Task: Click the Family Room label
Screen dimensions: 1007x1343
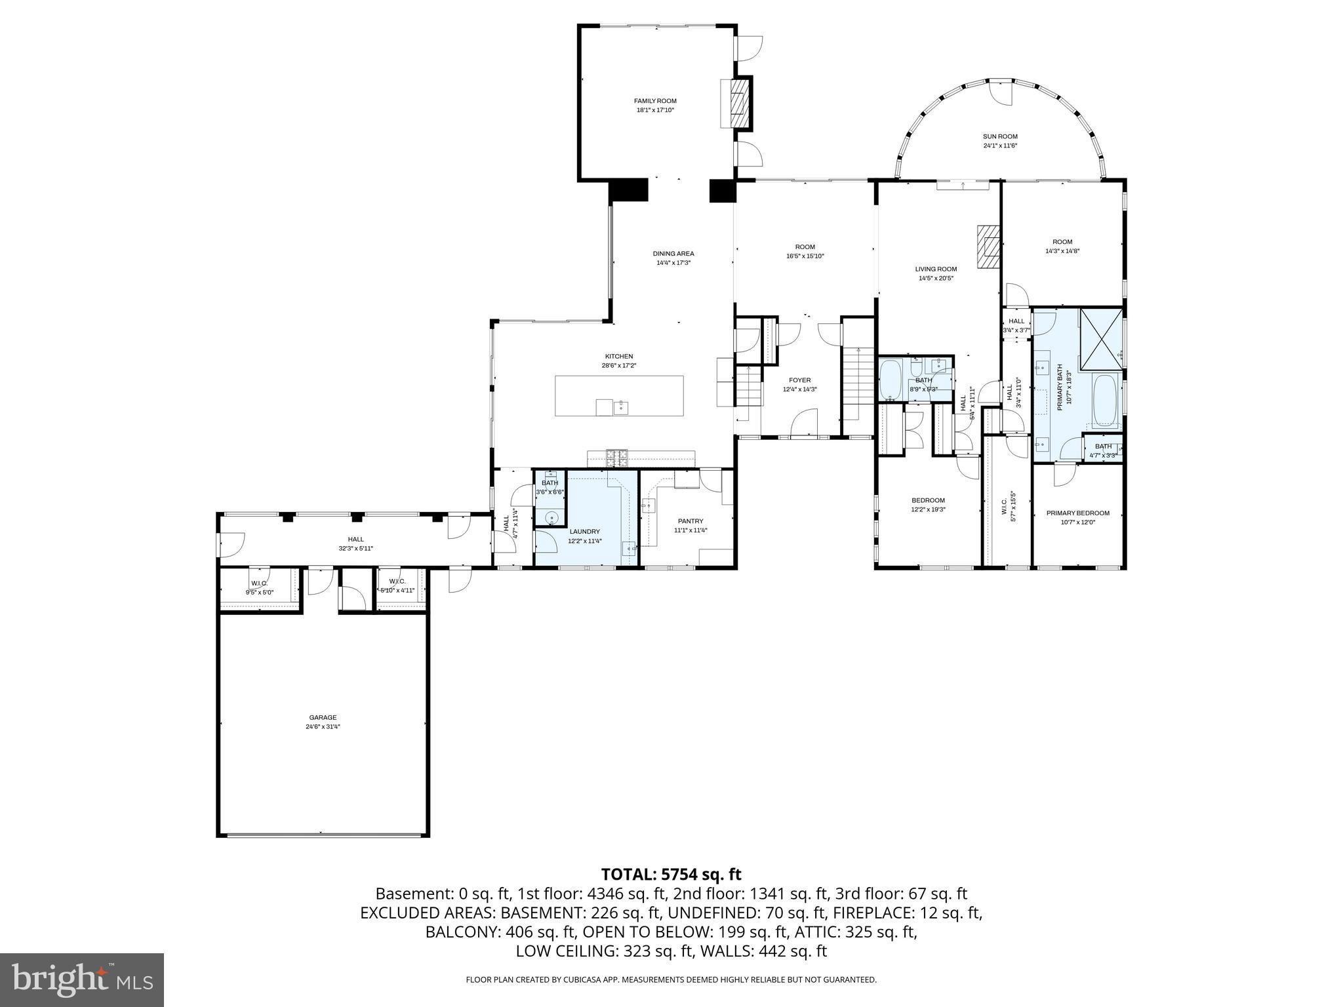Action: [x=654, y=101]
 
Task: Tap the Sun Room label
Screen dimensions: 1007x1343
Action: [x=999, y=136]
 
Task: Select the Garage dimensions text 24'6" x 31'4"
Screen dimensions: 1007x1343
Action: [x=323, y=726]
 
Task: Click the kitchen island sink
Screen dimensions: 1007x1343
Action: [x=620, y=408]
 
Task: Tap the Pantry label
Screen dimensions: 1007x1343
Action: [x=690, y=521]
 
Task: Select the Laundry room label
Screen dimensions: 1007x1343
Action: [x=584, y=532]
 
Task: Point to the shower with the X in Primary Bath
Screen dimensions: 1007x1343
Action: [x=1101, y=340]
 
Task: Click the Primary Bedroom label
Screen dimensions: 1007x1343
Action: [x=1077, y=513]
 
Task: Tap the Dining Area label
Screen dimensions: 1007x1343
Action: [x=673, y=254]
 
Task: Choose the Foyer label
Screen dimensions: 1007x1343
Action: [x=799, y=380]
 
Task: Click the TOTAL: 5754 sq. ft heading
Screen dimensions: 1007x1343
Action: [x=671, y=874]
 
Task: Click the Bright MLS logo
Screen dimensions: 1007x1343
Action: [x=82, y=980]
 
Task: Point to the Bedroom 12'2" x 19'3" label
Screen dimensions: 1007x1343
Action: [x=927, y=500]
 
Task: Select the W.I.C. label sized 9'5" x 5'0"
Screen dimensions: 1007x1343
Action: [x=259, y=582]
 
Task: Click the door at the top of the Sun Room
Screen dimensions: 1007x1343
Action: [x=1001, y=93]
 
